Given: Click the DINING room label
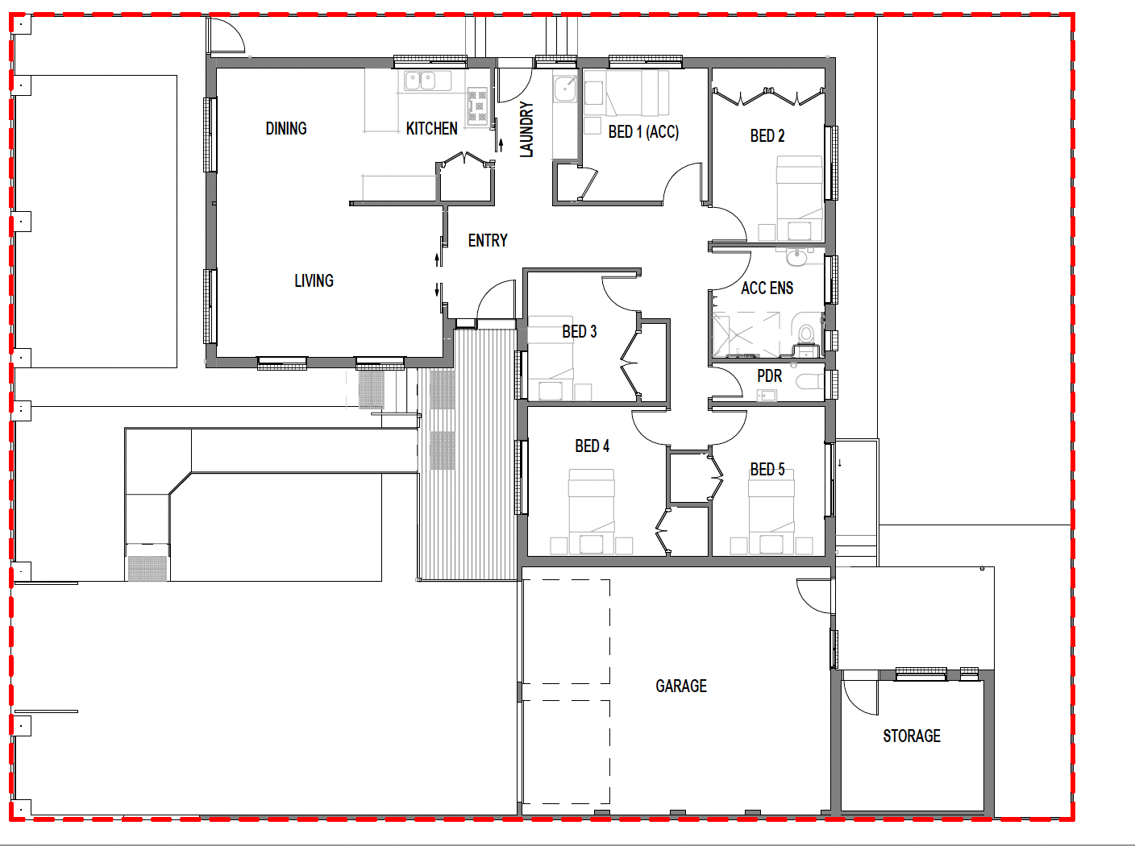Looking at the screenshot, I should click(x=286, y=128).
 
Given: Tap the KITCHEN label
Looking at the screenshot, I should click(x=431, y=128).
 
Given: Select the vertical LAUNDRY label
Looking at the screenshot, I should click(x=526, y=129).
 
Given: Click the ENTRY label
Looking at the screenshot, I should click(x=488, y=240).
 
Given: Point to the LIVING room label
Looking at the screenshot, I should click(x=314, y=280).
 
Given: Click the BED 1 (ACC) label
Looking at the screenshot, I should click(x=643, y=131).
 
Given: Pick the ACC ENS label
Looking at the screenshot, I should click(x=767, y=288).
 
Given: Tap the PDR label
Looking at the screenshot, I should click(x=769, y=375).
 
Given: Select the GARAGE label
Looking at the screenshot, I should click(x=681, y=686).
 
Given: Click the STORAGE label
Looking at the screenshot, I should click(x=912, y=736).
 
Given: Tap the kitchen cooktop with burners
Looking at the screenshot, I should click(x=477, y=106).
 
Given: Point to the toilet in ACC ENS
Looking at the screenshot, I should click(x=805, y=333).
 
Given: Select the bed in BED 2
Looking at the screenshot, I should click(x=799, y=197).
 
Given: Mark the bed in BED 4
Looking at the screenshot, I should click(x=591, y=513).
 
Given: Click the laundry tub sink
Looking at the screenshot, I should click(x=565, y=88).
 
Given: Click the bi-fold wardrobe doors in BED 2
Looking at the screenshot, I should click(x=767, y=97).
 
